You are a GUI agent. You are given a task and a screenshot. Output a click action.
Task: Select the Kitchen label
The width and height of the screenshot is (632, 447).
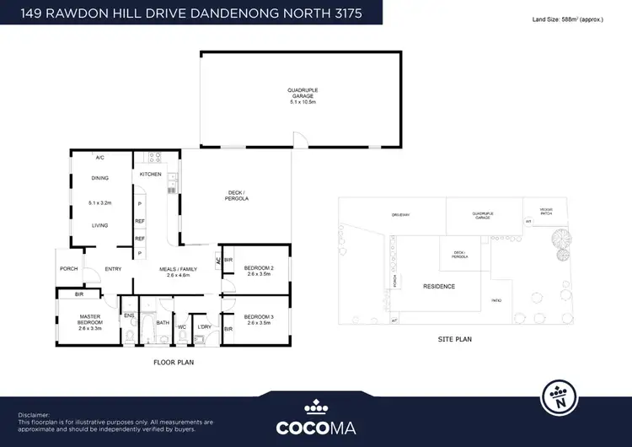tap(150, 174)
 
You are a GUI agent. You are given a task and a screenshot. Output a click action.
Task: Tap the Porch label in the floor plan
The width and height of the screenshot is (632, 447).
tap(69, 270)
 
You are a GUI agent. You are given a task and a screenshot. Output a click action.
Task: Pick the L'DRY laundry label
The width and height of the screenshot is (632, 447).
tap(204, 327)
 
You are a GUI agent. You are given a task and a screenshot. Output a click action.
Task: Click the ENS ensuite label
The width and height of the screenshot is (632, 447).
tap(129, 316)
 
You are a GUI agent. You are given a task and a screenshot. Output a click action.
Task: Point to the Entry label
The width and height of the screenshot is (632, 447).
tap(114, 270)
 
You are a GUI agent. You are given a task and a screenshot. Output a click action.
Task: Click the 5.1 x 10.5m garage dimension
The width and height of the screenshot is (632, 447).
tap(303, 101)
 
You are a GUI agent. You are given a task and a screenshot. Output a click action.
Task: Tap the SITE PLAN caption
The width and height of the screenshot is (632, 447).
tap(455, 339)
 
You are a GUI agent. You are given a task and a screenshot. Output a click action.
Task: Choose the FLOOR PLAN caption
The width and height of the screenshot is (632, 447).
tap(174, 362)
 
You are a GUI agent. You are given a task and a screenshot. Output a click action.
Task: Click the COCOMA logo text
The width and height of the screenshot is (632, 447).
tap(315, 425)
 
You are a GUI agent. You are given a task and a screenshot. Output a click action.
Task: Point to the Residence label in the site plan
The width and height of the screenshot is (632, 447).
tap(438, 287)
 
